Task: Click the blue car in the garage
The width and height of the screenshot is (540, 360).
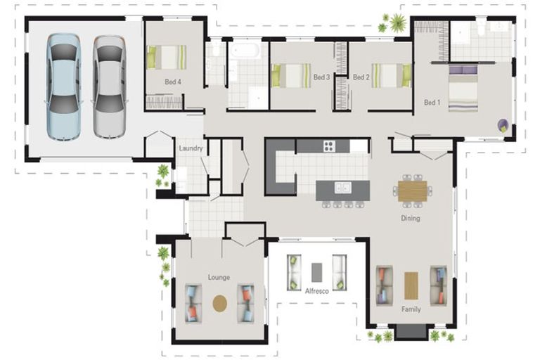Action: (x=64, y=87)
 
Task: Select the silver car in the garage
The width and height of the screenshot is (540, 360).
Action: (x=109, y=87)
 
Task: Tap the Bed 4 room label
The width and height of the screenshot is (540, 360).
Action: (x=173, y=82)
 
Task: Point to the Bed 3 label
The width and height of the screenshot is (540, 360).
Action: (x=321, y=77)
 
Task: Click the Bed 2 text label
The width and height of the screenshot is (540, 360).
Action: (x=361, y=77)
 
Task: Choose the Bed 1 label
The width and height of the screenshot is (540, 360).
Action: (x=432, y=103)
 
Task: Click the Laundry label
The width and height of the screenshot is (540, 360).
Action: (x=191, y=148)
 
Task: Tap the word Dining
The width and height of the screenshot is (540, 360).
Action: (x=411, y=218)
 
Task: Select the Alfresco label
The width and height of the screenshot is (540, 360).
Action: (x=317, y=291)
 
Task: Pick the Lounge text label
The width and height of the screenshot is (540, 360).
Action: (x=219, y=277)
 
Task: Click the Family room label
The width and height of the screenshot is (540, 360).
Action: (x=411, y=309)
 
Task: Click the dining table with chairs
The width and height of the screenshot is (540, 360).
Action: (x=413, y=191)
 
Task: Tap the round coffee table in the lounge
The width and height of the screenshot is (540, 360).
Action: (x=219, y=304)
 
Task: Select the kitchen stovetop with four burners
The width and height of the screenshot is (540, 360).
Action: (x=329, y=146)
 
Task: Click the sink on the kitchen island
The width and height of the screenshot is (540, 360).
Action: (x=343, y=188)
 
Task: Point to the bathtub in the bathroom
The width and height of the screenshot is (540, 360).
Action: (x=245, y=51)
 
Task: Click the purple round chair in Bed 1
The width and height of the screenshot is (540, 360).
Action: (x=503, y=125)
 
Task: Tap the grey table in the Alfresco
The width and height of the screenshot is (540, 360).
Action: (x=317, y=273)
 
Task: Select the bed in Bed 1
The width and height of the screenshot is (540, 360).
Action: (x=463, y=89)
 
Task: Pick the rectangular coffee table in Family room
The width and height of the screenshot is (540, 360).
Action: (x=411, y=285)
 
